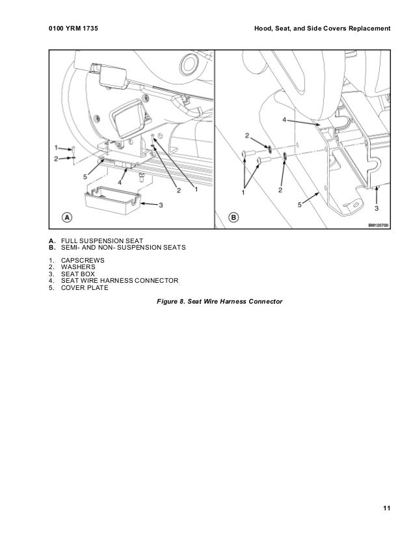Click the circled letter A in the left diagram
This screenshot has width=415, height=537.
(66, 216)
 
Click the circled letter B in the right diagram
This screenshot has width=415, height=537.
(234, 216)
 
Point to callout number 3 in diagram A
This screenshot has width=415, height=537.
(160, 205)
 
